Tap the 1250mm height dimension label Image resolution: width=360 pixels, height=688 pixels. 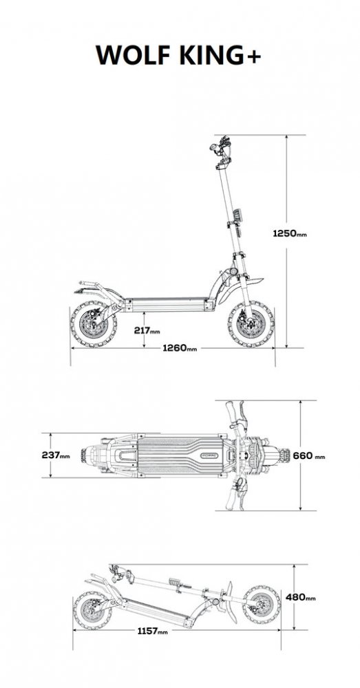coord(290,233)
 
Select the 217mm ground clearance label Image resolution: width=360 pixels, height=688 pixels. coord(147,330)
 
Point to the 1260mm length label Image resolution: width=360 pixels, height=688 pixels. coord(180,348)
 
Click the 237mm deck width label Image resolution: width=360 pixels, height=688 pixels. coord(56,455)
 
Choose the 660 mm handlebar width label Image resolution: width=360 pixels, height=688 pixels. coord(309,456)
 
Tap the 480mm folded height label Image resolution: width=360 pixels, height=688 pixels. coord(301,597)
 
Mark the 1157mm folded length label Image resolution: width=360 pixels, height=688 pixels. coord(152,632)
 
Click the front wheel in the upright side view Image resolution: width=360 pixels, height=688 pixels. coord(251,325)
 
